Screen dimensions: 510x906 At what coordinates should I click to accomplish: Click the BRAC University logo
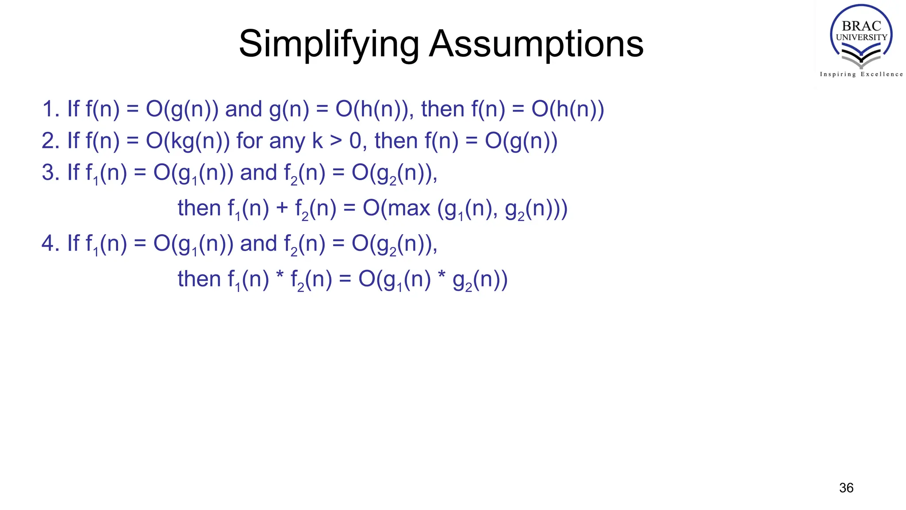[x=861, y=35]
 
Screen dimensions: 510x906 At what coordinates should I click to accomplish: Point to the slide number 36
[x=846, y=488]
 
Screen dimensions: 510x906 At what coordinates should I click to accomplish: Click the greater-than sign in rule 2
[x=336, y=141]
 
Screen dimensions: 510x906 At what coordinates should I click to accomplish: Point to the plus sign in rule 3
[x=282, y=208]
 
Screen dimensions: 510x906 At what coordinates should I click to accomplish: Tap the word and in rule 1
[x=243, y=109]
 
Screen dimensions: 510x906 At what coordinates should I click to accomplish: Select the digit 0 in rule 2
[x=355, y=141]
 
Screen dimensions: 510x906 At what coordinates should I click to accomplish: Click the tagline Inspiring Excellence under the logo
[x=861, y=74]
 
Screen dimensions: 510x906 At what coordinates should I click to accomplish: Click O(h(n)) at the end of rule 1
[x=568, y=109]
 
